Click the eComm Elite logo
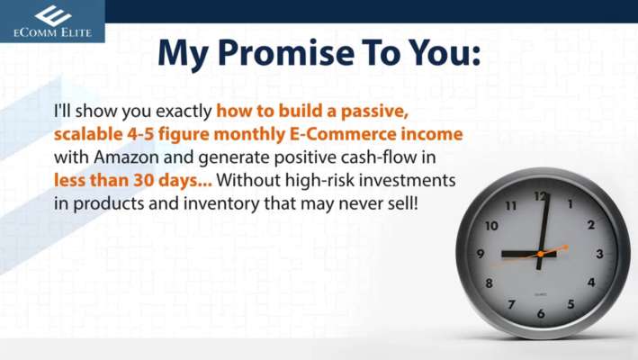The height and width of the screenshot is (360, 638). (52, 22)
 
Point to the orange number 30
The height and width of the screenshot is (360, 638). (144, 180)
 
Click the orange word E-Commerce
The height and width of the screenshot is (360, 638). (343, 134)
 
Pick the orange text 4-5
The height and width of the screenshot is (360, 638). (140, 134)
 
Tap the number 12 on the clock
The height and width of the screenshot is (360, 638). (540, 197)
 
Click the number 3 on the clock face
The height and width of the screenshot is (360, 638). (599, 254)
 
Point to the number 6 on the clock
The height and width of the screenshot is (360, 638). (541, 313)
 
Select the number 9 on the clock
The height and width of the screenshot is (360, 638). (481, 254)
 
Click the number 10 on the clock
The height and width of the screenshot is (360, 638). (491, 225)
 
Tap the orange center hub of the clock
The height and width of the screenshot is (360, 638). (540, 254)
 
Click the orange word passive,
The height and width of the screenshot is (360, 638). (374, 112)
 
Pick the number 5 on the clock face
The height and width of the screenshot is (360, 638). (571, 304)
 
